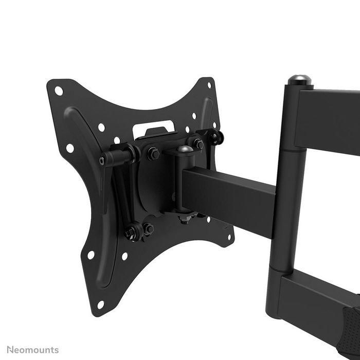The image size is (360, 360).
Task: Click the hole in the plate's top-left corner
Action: pos(59,91)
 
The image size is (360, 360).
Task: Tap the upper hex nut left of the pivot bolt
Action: pos(153,153)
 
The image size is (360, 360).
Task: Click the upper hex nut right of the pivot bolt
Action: pos(197,144)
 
